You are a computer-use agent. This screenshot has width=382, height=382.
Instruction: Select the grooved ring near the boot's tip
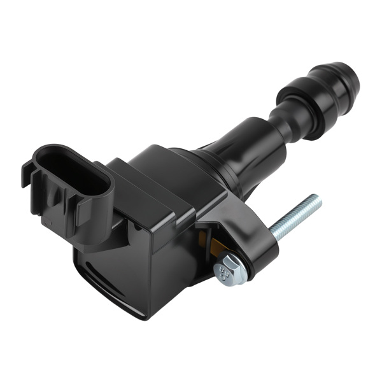tap(331, 83)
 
